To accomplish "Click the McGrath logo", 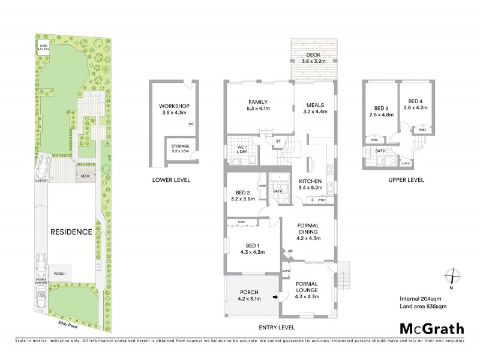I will (x=432, y=328).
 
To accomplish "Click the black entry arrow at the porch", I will (x=275, y=296).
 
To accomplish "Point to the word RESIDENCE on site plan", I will (x=71, y=232).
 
